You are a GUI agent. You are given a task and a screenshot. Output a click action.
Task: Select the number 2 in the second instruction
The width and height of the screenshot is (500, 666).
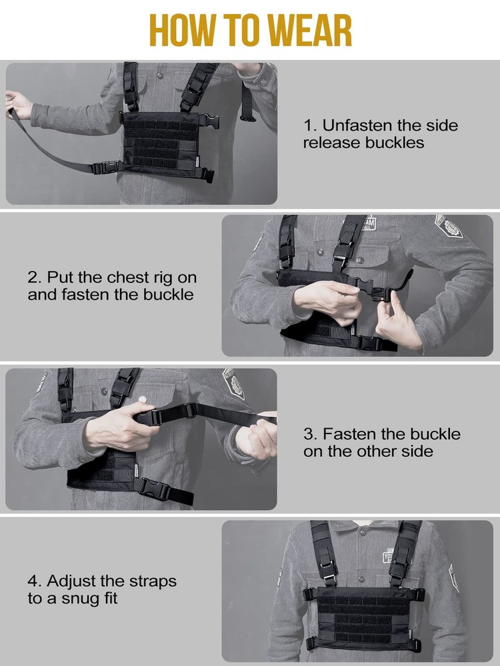(x=33, y=277)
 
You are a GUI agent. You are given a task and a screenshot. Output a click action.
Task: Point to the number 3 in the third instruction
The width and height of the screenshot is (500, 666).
(x=309, y=434)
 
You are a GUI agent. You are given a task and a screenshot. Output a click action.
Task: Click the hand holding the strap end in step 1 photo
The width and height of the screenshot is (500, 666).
(x=18, y=104)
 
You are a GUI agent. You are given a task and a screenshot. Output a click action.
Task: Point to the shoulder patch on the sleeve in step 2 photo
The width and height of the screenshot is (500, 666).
(x=449, y=226)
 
